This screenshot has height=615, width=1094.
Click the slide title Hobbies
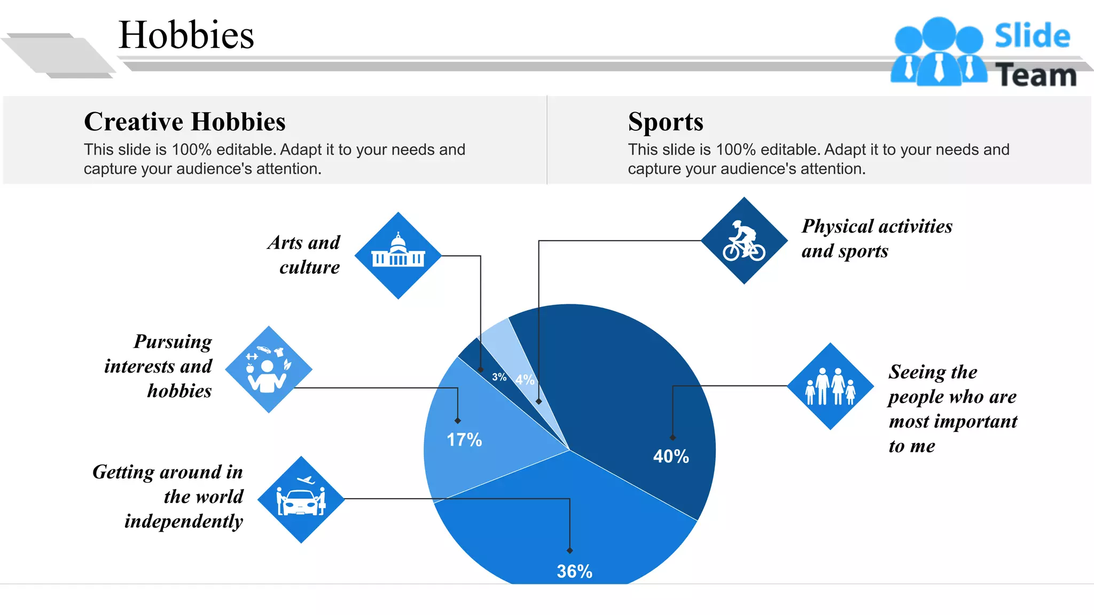[x=186, y=35]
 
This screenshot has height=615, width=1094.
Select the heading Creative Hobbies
[x=185, y=122]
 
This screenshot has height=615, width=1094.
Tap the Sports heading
[x=666, y=122]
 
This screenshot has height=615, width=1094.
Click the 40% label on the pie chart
[x=671, y=456]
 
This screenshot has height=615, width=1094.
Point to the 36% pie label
[x=574, y=571]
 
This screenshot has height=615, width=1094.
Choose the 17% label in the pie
[x=464, y=440]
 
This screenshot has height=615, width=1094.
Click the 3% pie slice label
[x=499, y=377]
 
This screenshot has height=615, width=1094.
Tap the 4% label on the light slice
[x=525, y=380]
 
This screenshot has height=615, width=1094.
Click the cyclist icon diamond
[x=744, y=241]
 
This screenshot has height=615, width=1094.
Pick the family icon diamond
[x=830, y=387]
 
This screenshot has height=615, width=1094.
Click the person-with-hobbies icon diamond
[x=269, y=369]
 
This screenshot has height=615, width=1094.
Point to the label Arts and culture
[x=304, y=255]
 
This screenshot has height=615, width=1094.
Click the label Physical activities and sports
[x=877, y=238]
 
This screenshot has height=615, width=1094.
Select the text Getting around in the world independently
[x=168, y=496]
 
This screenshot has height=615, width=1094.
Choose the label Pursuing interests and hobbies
[x=159, y=366]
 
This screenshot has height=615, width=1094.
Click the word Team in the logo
[x=1036, y=75]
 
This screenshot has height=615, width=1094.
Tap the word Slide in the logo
[x=1032, y=36]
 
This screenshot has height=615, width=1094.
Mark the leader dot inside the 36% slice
[x=570, y=550]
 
